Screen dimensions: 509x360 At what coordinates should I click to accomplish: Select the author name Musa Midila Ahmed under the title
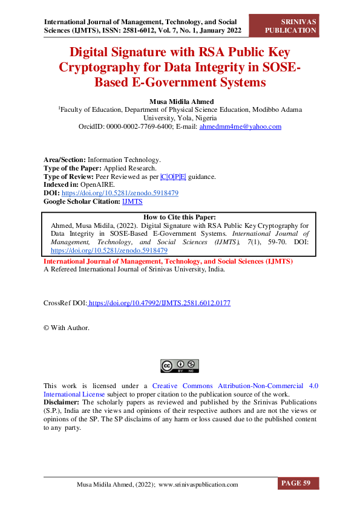tap(180, 100)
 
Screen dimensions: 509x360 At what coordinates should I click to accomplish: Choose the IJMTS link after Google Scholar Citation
tap(133, 202)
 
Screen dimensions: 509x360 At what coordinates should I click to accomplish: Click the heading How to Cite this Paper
tap(180, 217)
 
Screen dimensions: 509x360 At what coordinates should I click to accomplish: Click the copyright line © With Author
tap(67, 328)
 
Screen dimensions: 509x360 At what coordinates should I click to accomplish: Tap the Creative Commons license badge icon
tap(180, 366)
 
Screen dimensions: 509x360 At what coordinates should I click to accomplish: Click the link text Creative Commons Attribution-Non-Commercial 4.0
tap(235, 386)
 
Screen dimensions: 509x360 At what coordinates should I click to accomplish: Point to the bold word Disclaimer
tap(61, 402)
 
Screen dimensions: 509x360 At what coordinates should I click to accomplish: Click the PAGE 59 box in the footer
tap(298, 483)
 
